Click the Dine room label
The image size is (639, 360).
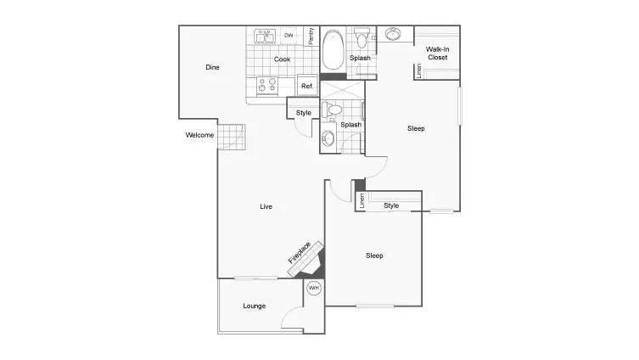pos(212,67)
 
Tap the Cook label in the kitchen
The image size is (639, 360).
pos(282,59)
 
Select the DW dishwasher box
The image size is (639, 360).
pos(289,36)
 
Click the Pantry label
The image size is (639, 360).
pos(311,36)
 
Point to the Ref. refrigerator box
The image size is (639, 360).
pos(307,85)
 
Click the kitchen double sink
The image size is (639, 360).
pos(265,37)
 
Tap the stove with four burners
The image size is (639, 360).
pos(267,86)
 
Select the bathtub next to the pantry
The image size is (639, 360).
pos(334,50)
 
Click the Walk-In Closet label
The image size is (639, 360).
pos(437,53)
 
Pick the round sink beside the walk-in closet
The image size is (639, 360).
pos(393,34)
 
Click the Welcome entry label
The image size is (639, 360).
pos(199,135)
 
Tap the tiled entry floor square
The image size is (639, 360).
pos(232,137)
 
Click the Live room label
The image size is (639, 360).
pos(266,206)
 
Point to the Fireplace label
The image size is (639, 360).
pos(300,252)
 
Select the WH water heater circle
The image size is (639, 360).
pos(314,288)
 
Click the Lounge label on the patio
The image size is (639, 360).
pos(255,306)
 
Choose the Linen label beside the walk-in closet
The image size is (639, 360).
pos(419,71)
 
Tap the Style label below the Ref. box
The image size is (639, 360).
pos(304,113)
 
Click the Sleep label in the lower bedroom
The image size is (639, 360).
pos(374,256)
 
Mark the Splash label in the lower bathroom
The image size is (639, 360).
pos(350,125)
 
